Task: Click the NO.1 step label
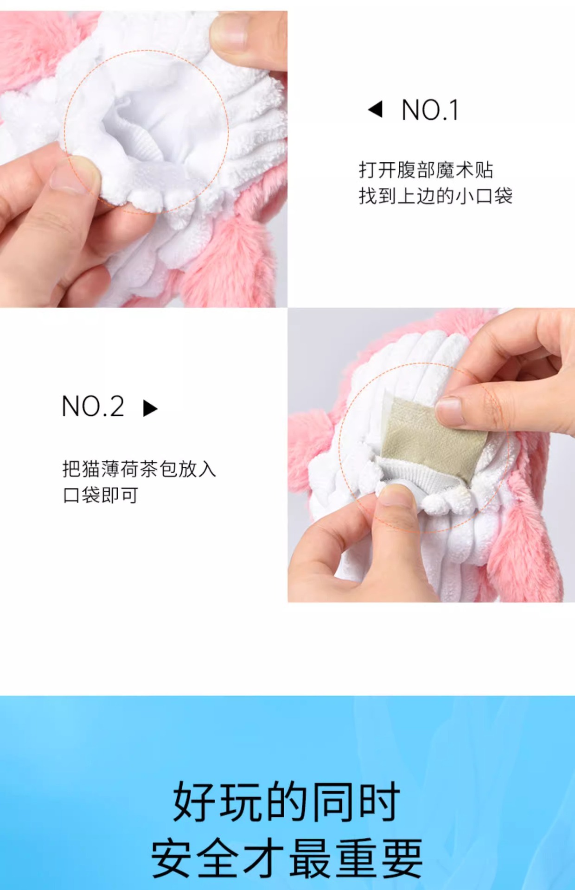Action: click(430, 110)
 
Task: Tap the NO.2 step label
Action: click(93, 407)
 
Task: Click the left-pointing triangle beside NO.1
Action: click(376, 109)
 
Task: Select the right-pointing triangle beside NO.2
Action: click(150, 408)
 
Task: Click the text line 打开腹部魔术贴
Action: click(426, 170)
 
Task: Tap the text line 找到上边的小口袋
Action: click(435, 196)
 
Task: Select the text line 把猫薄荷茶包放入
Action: click(139, 469)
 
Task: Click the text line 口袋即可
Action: click(100, 495)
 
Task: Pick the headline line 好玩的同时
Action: click(287, 801)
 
